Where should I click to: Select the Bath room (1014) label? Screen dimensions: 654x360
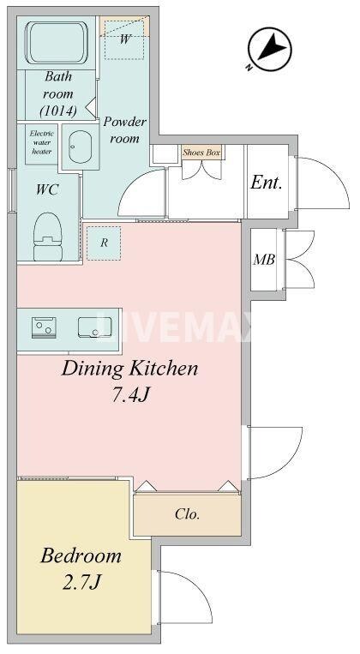[58, 94]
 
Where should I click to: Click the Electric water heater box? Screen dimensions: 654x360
[41, 142]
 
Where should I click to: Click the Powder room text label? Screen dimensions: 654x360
[125, 130]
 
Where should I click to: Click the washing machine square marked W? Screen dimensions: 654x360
[125, 39]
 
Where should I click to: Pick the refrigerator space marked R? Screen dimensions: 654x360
[104, 243]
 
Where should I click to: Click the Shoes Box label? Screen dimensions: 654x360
[201, 153]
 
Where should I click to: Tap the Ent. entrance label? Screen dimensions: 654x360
[266, 183]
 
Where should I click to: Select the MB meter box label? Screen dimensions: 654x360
[263, 260]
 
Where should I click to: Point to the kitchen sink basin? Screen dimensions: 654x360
[92, 327]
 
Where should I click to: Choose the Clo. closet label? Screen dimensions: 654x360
[187, 515]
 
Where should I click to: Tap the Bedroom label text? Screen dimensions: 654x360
[81, 556]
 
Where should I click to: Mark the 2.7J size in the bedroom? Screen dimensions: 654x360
[81, 584]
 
